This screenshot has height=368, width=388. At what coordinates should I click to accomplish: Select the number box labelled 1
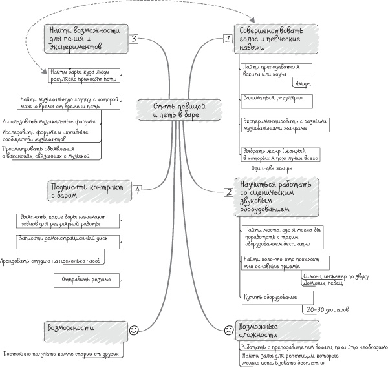pos(227,39)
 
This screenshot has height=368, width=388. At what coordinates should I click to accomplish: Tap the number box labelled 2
pos(228,192)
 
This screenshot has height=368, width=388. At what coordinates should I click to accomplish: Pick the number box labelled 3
pos(133,39)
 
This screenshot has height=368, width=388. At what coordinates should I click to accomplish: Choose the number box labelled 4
pos(137,189)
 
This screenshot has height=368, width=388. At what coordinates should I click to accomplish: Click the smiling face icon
pos(135,330)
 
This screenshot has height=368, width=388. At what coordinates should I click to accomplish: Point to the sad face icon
pos(228,330)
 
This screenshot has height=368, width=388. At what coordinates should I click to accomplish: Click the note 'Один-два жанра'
pos(268,169)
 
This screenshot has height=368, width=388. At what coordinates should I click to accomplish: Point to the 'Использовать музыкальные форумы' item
pos(49,121)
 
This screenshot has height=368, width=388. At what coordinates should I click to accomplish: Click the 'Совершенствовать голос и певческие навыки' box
pos(275,39)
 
